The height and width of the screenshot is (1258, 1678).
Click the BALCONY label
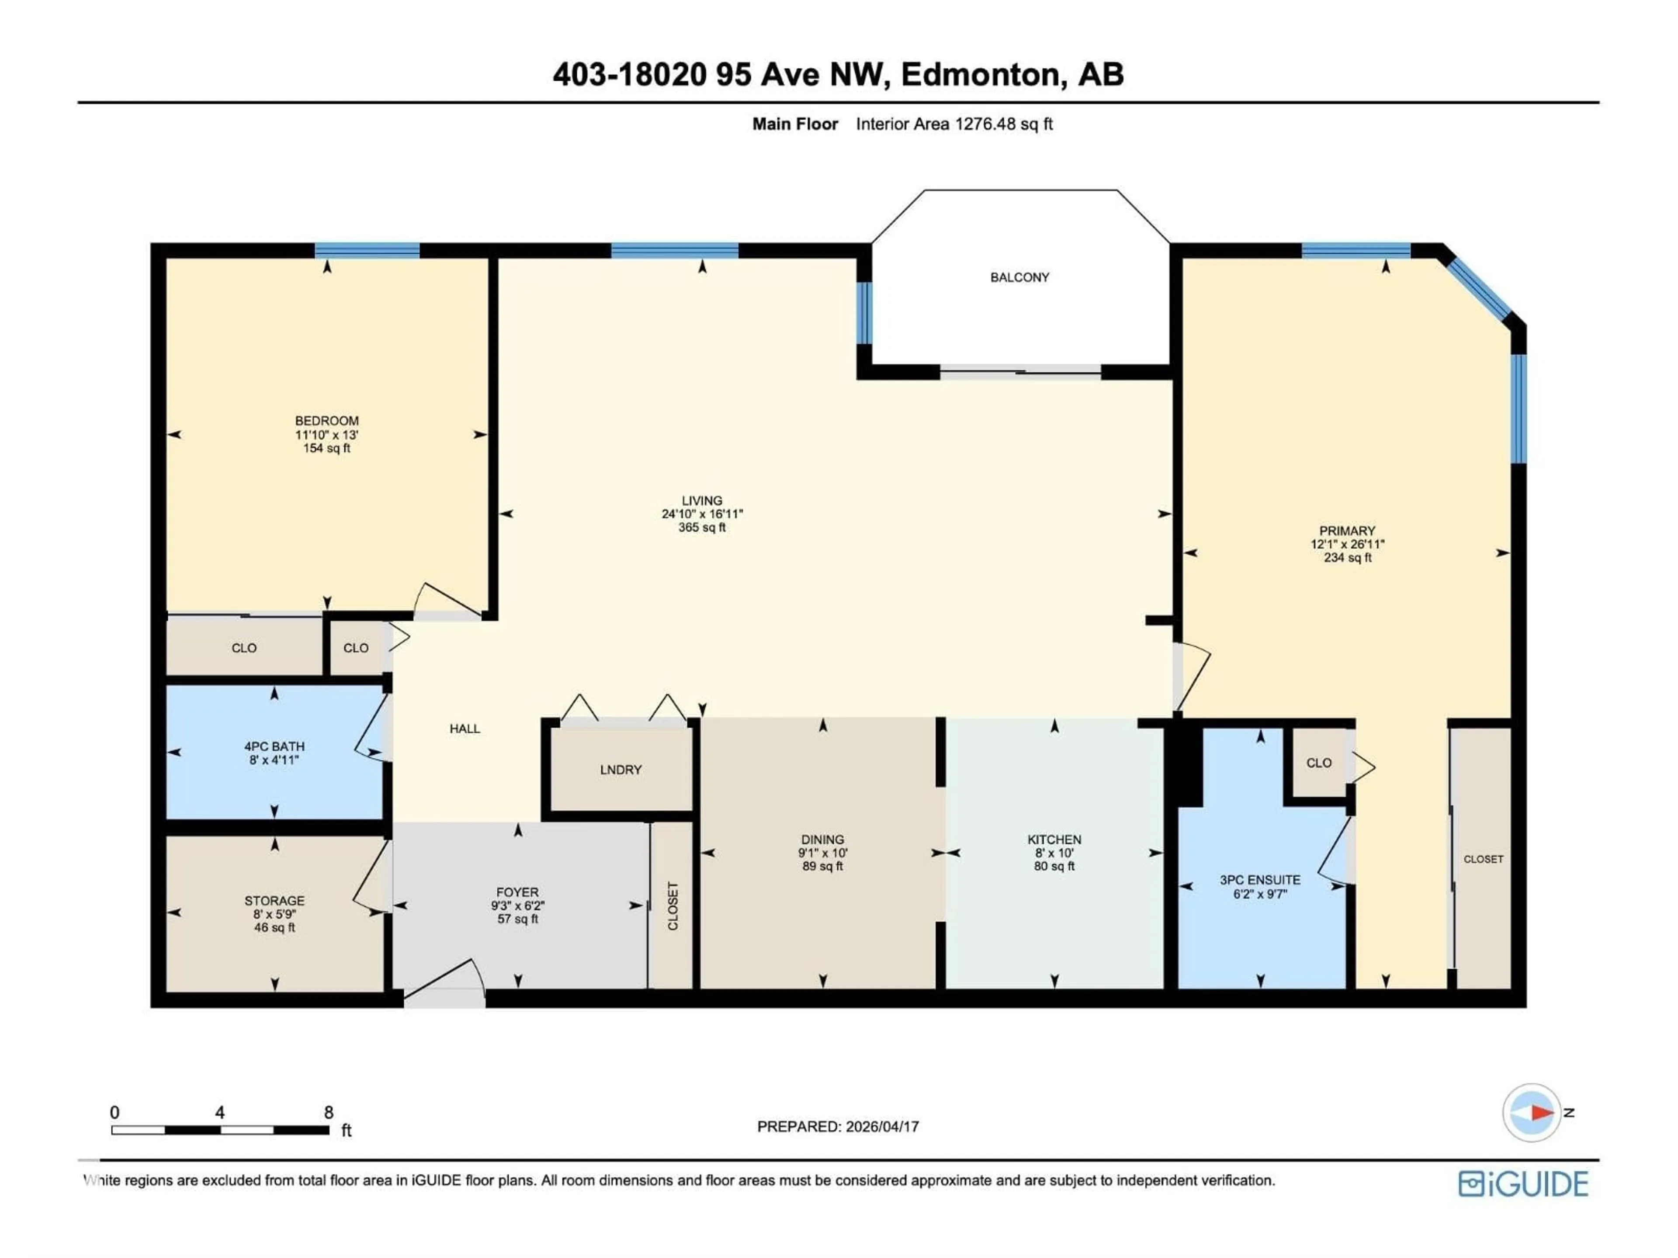(x=1019, y=277)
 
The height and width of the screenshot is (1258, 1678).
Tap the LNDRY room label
(x=621, y=770)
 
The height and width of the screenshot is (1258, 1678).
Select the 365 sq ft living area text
(x=702, y=528)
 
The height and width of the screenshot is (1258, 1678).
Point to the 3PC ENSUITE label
(x=1260, y=880)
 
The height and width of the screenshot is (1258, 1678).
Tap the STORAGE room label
(x=274, y=901)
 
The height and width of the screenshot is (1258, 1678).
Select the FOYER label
(x=517, y=892)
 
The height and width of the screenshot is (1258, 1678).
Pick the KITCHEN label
(x=1054, y=840)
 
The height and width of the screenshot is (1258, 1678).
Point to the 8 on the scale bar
(x=329, y=1113)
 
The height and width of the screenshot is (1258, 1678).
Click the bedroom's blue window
(x=367, y=250)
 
